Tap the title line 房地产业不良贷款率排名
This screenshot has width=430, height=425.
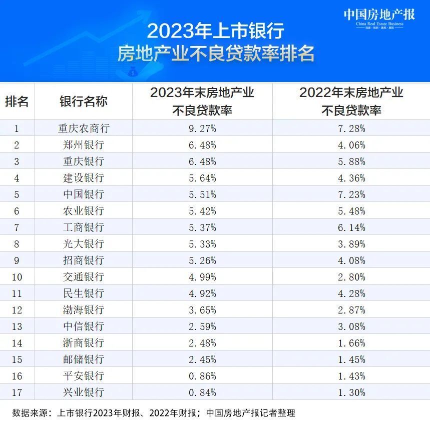(x=215, y=53)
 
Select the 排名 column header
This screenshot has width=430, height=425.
(x=17, y=101)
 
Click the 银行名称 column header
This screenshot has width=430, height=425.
(x=83, y=101)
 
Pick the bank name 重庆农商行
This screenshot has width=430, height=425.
(x=83, y=128)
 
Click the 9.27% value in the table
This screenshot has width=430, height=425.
(x=202, y=128)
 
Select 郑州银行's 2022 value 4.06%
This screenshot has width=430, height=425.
(x=351, y=145)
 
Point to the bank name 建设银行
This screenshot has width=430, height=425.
(x=83, y=178)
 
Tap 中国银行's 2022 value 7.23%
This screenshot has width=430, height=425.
(x=351, y=194)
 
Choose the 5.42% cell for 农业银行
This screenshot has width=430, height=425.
(x=202, y=211)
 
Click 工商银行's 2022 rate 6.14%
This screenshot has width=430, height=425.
(x=351, y=227)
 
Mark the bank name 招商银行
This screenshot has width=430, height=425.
(x=83, y=260)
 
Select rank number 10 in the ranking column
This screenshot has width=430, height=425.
(x=17, y=277)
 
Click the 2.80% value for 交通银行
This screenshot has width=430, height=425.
(x=351, y=277)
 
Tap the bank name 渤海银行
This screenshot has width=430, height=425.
(x=83, y=310)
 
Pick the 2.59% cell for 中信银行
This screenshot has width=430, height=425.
(x=202, y=326)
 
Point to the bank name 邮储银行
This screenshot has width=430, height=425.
(x=83, y=359)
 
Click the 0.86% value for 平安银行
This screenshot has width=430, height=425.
(x=202, y=376)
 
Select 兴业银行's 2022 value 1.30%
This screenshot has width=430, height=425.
(x=351, y=392)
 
